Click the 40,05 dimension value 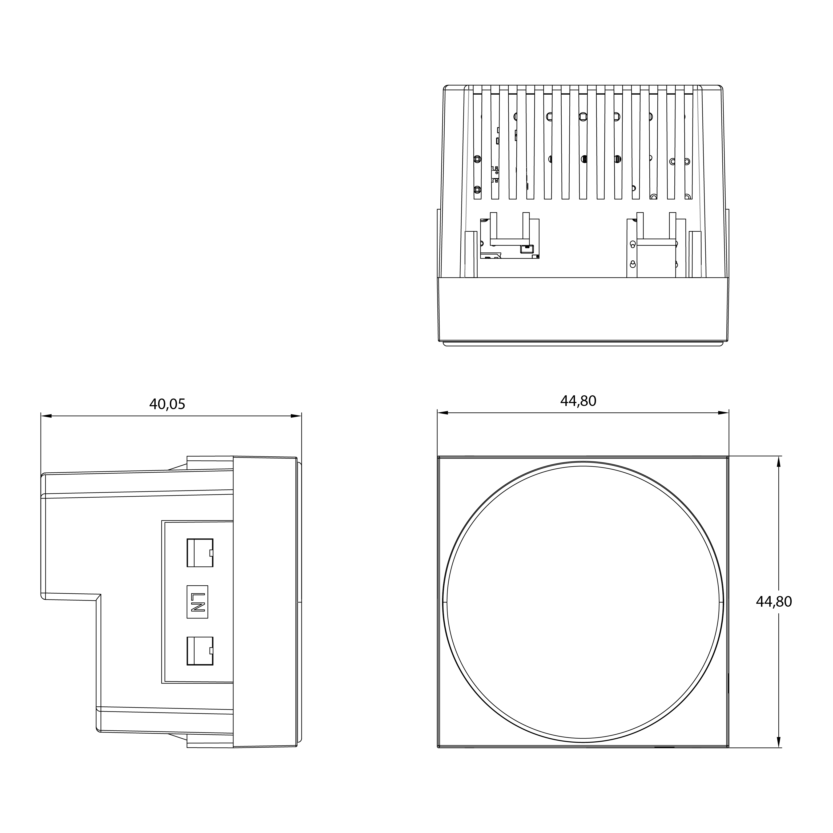click(x=167, y=404)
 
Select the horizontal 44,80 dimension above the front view click(x=578, y=401)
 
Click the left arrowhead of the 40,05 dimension click(x=46, y=416)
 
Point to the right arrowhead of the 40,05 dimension click(x=296, y=416)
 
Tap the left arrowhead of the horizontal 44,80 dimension click(x=443, y=413)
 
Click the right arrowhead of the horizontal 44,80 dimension click(x=723, y=413)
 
